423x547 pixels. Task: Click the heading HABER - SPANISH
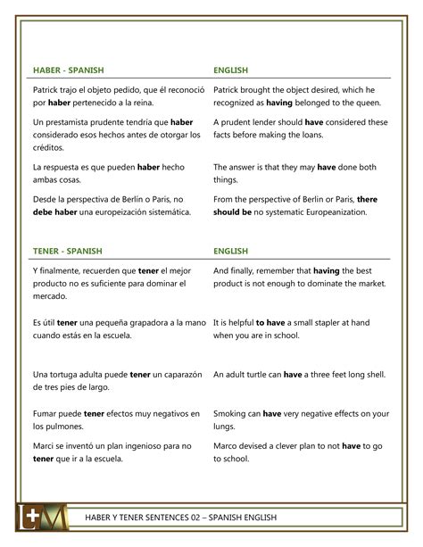(68, 70)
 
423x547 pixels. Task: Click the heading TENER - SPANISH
(67, 251)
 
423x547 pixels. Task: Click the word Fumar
(46, 413)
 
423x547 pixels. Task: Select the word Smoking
(235, 413)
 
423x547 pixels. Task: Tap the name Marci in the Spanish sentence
(45, 445)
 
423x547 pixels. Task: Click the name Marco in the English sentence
(228, 445)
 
